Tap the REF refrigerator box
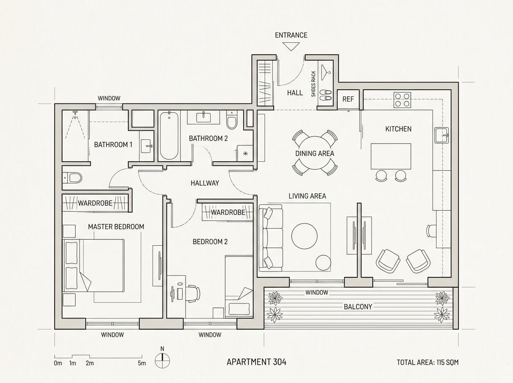[348, 99]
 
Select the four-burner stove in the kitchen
[402, 100]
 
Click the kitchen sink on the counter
[442, 135]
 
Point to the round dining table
[315, 153]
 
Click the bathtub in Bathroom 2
[169, 136]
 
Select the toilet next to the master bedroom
[72, 178]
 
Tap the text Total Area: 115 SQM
[427, 362]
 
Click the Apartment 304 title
[256, 362]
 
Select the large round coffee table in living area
[304, 236]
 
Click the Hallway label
[205, 183]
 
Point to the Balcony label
[358, 306]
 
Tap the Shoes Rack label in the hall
[313, 84]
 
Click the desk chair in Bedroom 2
[194, 294]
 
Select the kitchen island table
[391, 156]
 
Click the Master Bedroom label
[116, 227]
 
